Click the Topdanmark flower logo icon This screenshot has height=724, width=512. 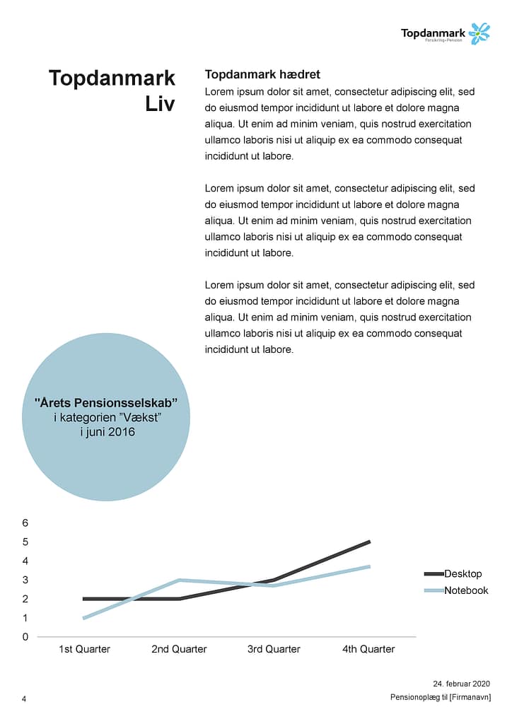(x=479, y=33)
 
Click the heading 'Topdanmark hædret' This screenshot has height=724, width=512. (x=262, y=74)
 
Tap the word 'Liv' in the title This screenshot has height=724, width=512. (x=161, y=104)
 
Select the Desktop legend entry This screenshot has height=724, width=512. (x=462, y=573)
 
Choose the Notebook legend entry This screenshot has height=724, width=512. (x=465, y=590)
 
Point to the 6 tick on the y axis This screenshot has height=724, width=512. (x=25, y=523)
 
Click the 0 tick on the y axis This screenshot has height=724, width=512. (x=25, y=637)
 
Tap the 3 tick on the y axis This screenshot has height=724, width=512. (x=25, y=580)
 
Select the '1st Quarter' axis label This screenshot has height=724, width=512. (x=84, y=649)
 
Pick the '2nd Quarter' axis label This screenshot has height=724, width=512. (x=179, y=649)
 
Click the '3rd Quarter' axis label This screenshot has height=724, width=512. (x=274, y=649)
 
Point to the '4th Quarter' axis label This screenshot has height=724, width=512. (x=368, y=649)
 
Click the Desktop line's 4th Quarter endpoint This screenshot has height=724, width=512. (x=369, y=542)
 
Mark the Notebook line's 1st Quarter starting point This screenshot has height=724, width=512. (x=84, y=618)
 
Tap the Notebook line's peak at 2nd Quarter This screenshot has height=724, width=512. (x=179, y=580)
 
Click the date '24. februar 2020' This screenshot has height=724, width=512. (x=461, y=684)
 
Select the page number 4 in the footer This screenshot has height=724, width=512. (x=24, y=699)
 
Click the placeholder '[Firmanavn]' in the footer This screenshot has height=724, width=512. (x=470, y=697)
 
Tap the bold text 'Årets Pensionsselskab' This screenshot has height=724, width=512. (x=105, y=402)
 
